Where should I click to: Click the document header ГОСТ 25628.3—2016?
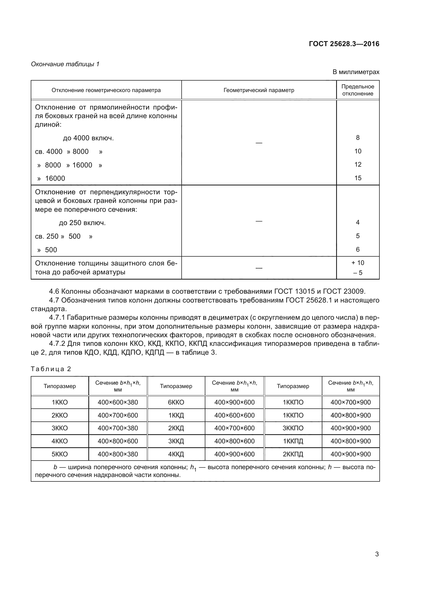click(344, 44)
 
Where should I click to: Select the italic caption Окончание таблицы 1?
click(65, 64)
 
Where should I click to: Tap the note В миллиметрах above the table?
click(356, 72)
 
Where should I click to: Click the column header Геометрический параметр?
click(259, 90)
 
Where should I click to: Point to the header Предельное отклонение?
click(358, 90)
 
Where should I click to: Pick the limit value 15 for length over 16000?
click(358, 178)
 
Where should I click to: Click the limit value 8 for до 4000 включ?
click(358, 138)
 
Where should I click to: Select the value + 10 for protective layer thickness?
click(358, 263)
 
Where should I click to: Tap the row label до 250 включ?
click(82, 223)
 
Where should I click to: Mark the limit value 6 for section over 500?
click(358, 250)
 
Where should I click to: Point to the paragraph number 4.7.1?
click(57, 317)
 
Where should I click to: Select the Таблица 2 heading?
click(51, 369)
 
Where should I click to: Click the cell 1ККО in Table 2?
click(60, 402)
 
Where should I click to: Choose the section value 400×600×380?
click(118, 402)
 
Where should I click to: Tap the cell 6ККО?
click(176, 402)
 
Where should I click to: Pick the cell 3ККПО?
click(293, 428)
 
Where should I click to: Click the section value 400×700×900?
click(350, 402)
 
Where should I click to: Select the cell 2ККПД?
click(293, 454)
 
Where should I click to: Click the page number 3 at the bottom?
click(377, 554)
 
